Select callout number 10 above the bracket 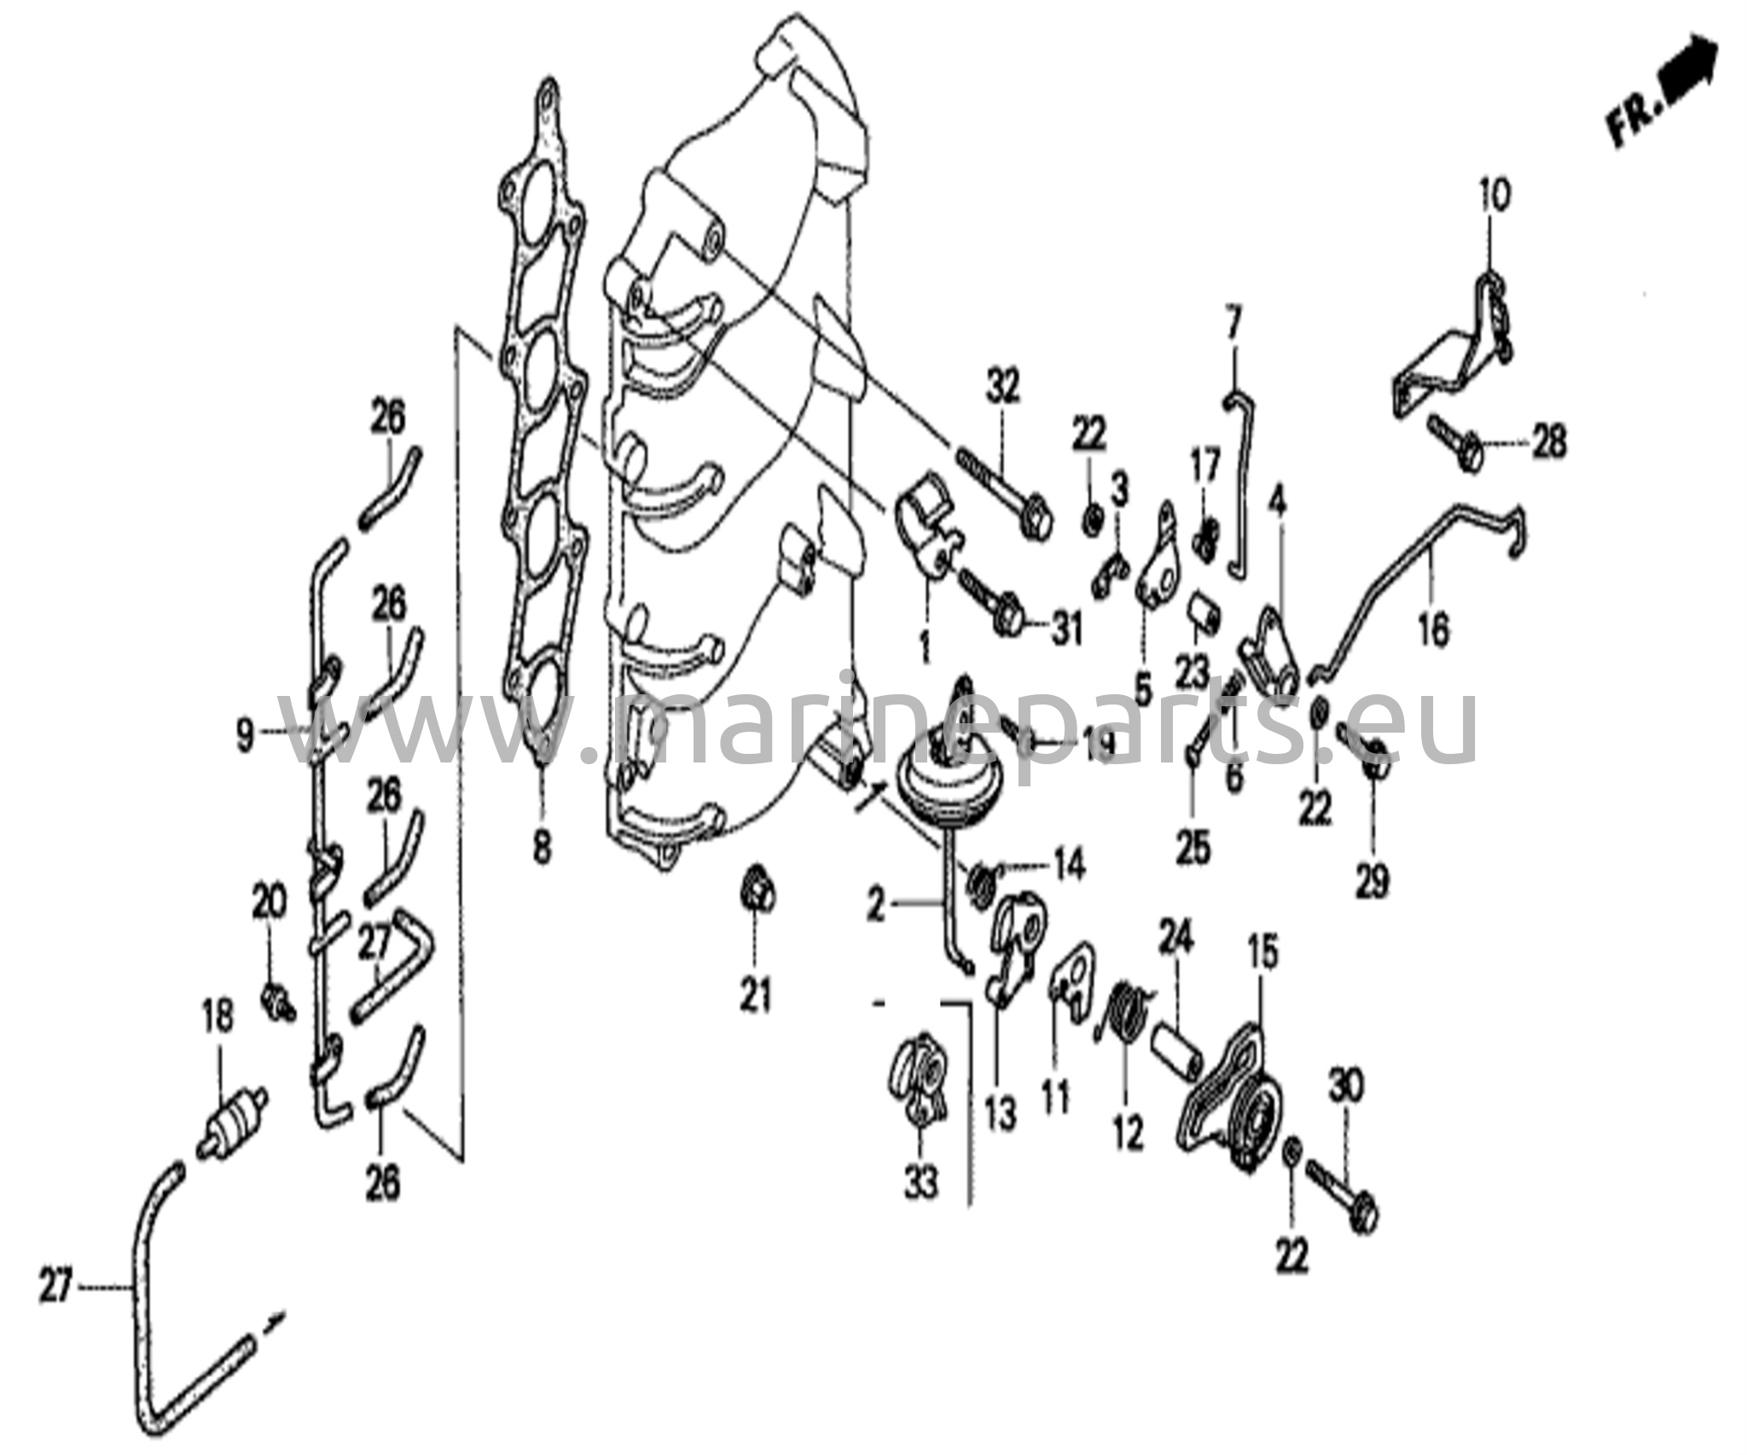1494,196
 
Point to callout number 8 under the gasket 543,847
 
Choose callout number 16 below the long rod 1434,630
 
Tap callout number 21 756,994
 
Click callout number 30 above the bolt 1347,1087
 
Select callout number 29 1373,880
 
